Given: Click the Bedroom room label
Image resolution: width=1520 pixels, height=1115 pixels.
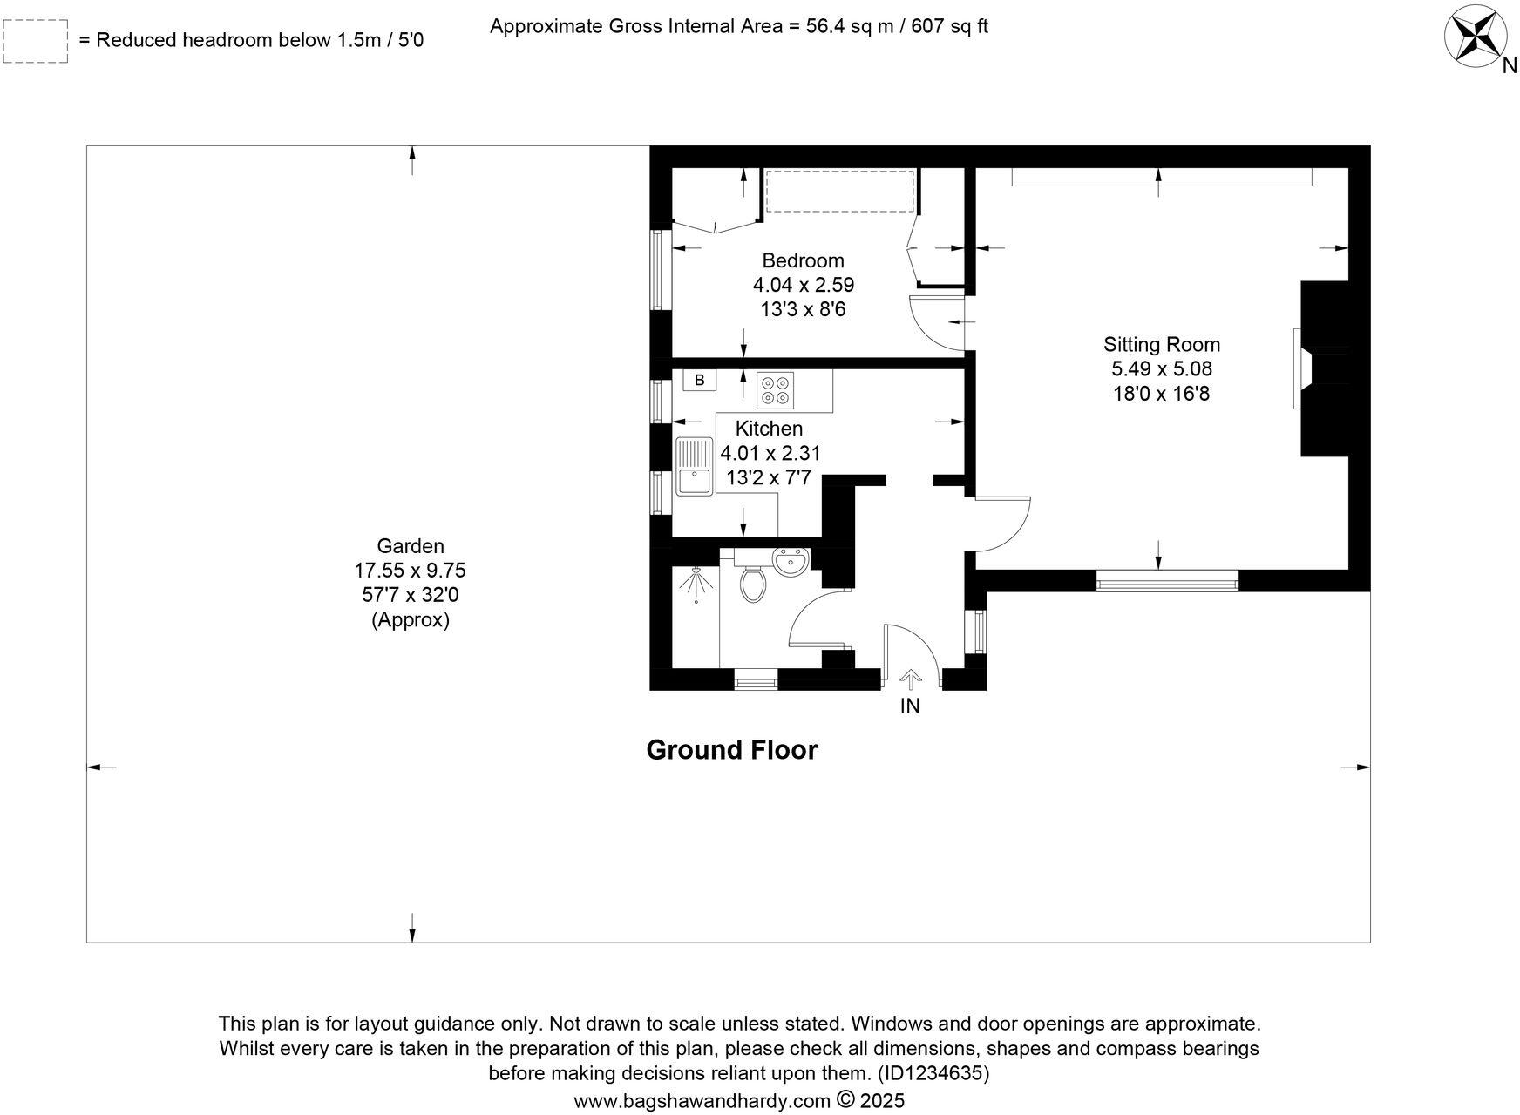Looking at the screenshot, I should pyautogui.click(x=803, y=260).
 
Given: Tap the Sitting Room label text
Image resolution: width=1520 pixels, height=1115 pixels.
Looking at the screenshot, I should pyautogui.click(x=1161, y=344).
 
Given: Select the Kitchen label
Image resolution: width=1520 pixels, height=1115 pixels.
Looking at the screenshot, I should pyautogui.click(x=769, y=429).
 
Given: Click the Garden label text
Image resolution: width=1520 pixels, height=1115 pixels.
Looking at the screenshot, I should pyautogui.click(x=411, y=546).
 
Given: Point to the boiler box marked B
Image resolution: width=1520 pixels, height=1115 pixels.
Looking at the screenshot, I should pyautogui.click(x=699, y=381).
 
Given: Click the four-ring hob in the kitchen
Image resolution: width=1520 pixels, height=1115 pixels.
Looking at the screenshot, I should pyautogui.click(x=776, y=389).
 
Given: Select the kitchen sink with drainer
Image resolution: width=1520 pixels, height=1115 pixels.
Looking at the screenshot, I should pyautogui.click(x=694, y=466).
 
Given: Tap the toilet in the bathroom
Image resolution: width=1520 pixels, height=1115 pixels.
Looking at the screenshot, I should pyautogui.click(x=752, y=583).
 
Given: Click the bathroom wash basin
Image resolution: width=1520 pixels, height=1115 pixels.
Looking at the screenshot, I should pyautogui.click(x=791, y=561).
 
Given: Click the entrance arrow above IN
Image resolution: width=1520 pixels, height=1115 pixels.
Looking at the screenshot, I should pyautogui.click(x=910, y=679).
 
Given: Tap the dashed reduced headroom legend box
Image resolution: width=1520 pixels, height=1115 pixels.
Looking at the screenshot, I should pyautogui.click(x=36, y=41).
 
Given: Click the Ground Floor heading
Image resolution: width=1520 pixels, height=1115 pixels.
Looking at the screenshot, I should pyautogui.click(x=731, y=750).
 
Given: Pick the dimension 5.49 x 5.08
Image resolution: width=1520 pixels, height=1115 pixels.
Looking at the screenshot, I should pyautogui.click(x=1161, y=368).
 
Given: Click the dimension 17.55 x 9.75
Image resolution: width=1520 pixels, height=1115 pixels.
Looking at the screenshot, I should pyautogui.click(x=410, y=571).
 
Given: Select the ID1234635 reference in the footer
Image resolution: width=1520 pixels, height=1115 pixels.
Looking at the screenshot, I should pyautogui.click(x=933, y=1073).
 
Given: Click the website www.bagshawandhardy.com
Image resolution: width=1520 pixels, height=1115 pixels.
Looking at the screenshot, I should pyautogui.click(x=702, y=1100).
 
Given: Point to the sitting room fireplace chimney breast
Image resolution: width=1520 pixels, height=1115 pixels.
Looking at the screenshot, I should pyautogui.click(x=1325, y=368).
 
